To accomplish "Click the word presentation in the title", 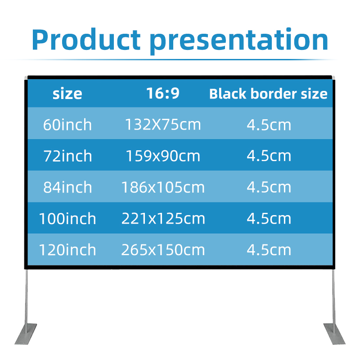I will click(239, 40).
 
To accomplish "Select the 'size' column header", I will click(67, 94).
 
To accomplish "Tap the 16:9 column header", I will click(163, 93).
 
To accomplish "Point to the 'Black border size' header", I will click(268, 94).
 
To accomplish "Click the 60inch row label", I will click(67, 124).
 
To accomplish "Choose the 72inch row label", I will click(67, 156).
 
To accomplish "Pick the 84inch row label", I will click(67, 187).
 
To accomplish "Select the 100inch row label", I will click(67, 218).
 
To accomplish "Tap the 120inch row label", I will click(67, 249).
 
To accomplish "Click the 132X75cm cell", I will click(163, 124).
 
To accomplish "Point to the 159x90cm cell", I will click(163, 156).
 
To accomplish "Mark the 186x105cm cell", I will click(163, 187).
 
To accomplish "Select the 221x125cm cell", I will click(163, 218).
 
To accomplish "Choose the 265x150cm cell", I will click(163, 249).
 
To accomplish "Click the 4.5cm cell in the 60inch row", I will click(269, 124).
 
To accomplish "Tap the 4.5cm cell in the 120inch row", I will click(269, 249).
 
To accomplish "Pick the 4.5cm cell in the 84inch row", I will click(269, 187).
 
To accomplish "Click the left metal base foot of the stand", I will click(27, 333).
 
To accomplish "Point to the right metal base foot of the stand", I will click(333, 333).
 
